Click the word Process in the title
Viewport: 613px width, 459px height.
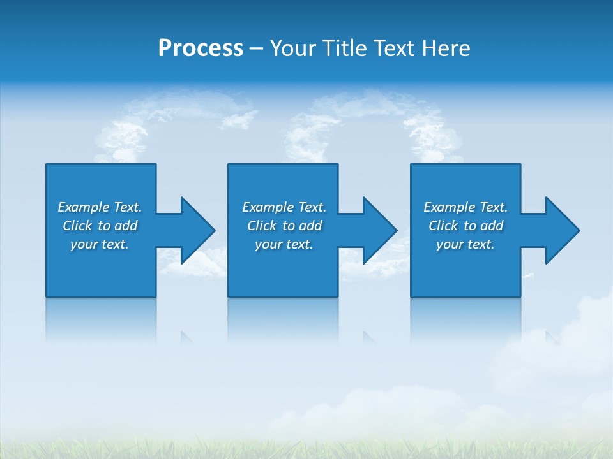(x=201, y=48)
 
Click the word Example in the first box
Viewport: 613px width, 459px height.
(x=84, y=207)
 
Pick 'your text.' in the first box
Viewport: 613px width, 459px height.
(x=100, y=244)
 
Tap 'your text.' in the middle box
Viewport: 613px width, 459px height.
(x=284, y=244)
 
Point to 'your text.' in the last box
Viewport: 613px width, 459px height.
(x=465, y=244)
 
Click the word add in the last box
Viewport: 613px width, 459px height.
(x=492, y=226)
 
